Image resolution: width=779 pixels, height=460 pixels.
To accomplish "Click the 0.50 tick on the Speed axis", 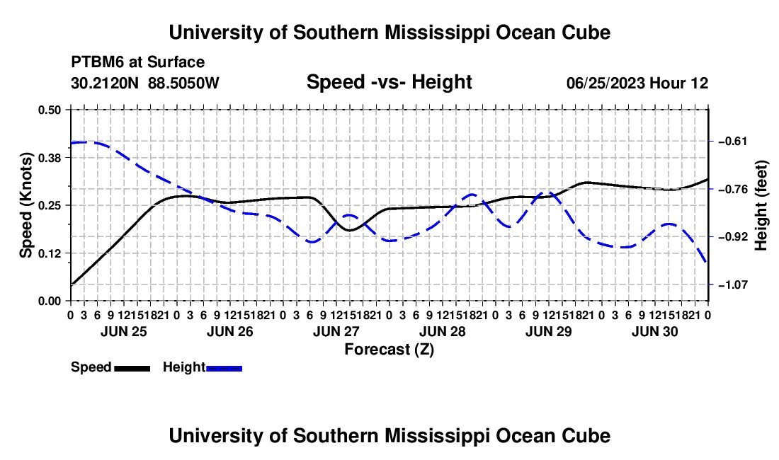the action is (x=49, y=110).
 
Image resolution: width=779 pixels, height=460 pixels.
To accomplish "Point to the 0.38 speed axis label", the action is (x=49, y=158).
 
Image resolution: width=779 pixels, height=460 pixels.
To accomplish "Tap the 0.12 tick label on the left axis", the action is (x=49, y=253).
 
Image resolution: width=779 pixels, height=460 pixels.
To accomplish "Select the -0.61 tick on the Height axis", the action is (x=732, y=142).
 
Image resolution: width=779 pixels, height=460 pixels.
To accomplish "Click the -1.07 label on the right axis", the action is (x=732, y=284).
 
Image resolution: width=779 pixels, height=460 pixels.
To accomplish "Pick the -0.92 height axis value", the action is (x=732, y=237).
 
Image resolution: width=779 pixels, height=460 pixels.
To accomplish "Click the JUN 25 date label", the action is (x=124, y=331).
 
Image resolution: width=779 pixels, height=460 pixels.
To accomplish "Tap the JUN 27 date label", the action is (x=336, y=331).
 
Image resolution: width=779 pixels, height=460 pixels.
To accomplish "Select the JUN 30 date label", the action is (x=655, y=331).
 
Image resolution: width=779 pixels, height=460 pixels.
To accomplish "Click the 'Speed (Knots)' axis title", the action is (x=25, y=205).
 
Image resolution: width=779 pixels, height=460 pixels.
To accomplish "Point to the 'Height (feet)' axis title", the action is (x=761, y=205).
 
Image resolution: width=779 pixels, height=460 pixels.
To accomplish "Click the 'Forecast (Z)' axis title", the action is (x=389, y=350).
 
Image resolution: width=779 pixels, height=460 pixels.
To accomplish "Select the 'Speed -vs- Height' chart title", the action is (x=389, y=82).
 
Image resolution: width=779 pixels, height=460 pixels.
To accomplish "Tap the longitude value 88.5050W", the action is (x=183, y=83).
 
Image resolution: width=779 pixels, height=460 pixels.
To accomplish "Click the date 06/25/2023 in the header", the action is (x=606, y=83).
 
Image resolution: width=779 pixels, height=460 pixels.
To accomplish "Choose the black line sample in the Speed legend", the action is (x=132, y=368).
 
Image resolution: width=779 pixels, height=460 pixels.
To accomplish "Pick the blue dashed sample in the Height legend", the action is (x=224, y=368).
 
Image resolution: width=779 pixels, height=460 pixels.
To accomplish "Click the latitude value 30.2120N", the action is (x=105, y=83).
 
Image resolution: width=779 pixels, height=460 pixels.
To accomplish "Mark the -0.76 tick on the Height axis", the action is (x=732, y=189).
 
